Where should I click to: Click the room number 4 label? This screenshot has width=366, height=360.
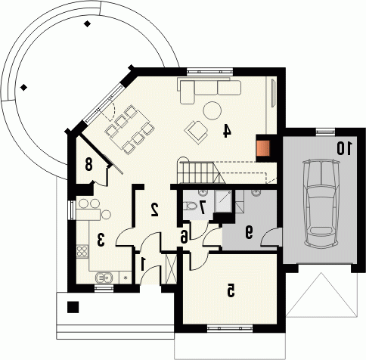click(x=227, y=131)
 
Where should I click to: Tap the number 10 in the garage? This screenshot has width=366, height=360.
click(x=344, y=148)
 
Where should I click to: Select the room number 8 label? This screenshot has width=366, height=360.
click(x=88, y=164)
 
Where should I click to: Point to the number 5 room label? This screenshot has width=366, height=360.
click(x=230, y=290)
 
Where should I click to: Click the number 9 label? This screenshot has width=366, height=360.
click(x=249, y=232)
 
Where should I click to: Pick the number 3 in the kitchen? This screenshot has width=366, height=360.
click(x=101, y=240)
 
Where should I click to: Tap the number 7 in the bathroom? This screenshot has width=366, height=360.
click(x=202, y=207)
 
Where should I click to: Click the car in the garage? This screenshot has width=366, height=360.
click(x=321, y=203)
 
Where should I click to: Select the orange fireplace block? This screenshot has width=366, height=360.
click(x=263, y=148)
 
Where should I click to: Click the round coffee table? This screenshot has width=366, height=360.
click(x=212, y=110)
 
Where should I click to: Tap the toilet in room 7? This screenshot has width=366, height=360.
click(x=190, y=206)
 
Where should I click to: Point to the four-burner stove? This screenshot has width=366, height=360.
click(x=82, y=251)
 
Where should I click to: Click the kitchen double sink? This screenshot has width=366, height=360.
click(x=104, y=278)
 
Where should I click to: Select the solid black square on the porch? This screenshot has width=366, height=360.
click(x=73, y=307)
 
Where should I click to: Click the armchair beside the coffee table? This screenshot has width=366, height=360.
click(x=197, y=131)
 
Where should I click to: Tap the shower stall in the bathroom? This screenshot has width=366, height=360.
click(x=223, y=201)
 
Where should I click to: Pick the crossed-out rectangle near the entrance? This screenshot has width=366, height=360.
click(x=172, y=269)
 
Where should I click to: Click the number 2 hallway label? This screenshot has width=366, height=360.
click(x=154, y=209)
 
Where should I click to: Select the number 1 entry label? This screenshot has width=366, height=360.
click(x=143, y=264)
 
